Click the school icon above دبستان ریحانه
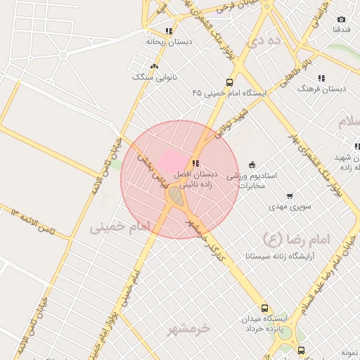tap(169, 31)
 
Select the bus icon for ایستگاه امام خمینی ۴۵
tap(230, 82)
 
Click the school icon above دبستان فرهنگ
tap(321, 78)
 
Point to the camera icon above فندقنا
tap(342, 19)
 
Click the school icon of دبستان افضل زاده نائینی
tap(195, 163)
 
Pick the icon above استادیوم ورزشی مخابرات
tap(252, 164)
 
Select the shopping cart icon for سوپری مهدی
tap(290, 196)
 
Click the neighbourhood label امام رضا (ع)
tap(296, 238)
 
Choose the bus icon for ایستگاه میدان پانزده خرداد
tap(264, 308)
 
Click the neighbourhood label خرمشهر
tap(190, 328)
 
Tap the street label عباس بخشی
tap(148, 165)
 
